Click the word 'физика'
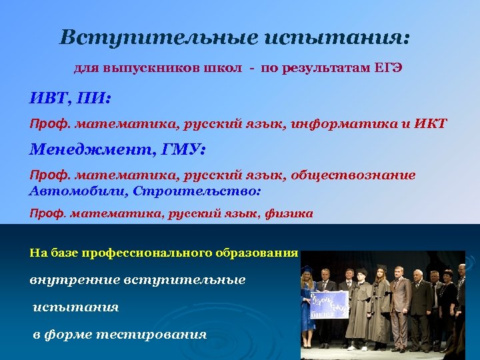click(289, 214)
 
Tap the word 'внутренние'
click(73, 280)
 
